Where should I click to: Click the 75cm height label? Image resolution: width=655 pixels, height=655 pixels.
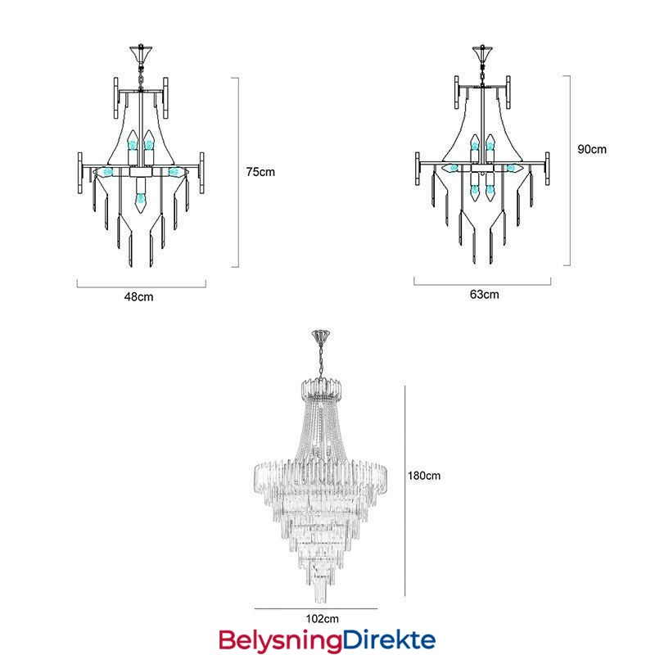point(260,172)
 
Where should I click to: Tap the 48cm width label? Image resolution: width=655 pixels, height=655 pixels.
point(138,297)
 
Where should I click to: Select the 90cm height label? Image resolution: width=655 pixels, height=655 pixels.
point(592,149)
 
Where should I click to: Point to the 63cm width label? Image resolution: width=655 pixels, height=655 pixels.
point(484,295)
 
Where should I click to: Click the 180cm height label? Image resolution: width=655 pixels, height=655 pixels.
point(424,476)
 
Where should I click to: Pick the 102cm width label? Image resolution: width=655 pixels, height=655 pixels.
point(322,619)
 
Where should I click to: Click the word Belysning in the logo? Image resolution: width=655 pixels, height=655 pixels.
point(280,641)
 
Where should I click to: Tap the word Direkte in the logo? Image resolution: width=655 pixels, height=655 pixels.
point(389,639)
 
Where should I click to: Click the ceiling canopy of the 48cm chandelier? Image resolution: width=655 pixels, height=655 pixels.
point(141,52)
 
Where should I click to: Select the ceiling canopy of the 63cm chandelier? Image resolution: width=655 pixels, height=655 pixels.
point(482,52)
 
